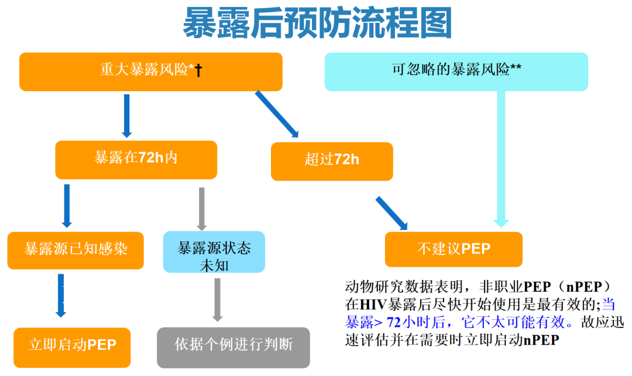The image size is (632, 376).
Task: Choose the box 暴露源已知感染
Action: click(75, 250)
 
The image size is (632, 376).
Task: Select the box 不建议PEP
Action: click(454, 249)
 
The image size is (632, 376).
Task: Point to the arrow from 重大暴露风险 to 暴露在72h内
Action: click(126, 116)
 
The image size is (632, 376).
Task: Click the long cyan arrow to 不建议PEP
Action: click(501, 158)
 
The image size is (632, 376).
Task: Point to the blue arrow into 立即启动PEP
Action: click(61, 295)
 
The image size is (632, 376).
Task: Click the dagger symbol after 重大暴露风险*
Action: click(198, 71)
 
